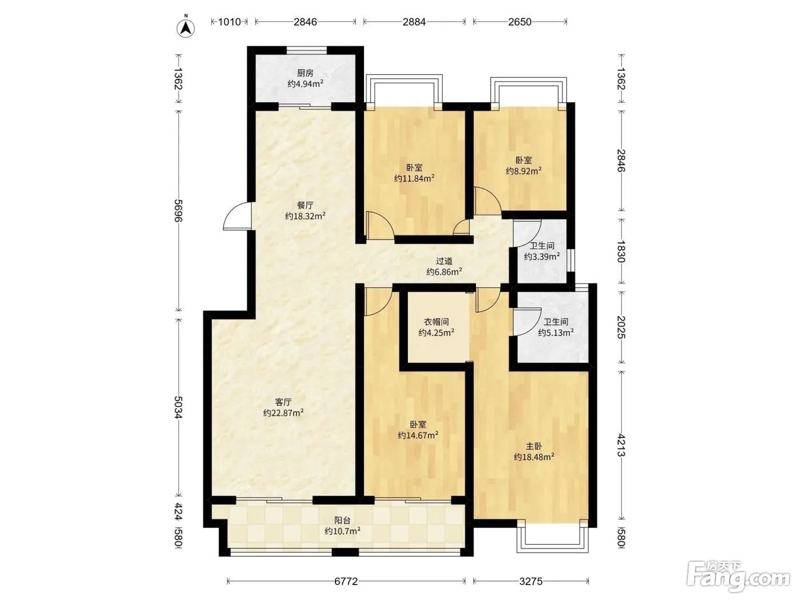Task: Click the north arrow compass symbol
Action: click(186, 27)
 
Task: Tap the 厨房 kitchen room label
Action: click(305, 73)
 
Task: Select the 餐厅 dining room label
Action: click(305, 205)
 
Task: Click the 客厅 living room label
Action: click(283, 402)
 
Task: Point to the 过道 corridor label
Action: click(444, 261)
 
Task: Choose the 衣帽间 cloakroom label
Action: click(436, 322)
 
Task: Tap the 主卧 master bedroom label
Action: click(534, 446)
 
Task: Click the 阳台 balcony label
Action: click(343, 520)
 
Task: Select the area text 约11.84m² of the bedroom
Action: click(414, 178)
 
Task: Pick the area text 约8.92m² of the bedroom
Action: click(523, 171)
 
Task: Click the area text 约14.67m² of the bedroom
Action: click(418, 435)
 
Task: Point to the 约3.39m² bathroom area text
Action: click(542, 257)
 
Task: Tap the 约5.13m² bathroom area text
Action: click(556, 333)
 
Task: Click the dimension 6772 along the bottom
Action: click(346, 581)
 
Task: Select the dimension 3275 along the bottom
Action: click(531, 581)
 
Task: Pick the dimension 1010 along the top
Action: click(230, 22)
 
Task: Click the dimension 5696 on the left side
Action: click(178, 210)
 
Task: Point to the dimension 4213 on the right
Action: click(621, 446)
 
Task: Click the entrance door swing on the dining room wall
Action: click(237, 216)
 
